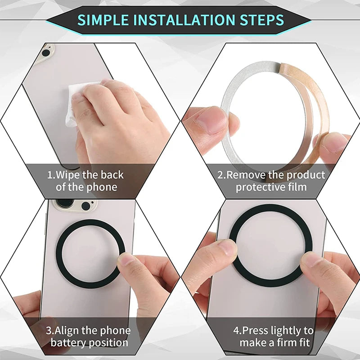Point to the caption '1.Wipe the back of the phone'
85,180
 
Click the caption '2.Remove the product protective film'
271,180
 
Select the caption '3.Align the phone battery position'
89,337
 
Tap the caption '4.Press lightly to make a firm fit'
273,337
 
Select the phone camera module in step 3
74,204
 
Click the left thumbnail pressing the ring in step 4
227,248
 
